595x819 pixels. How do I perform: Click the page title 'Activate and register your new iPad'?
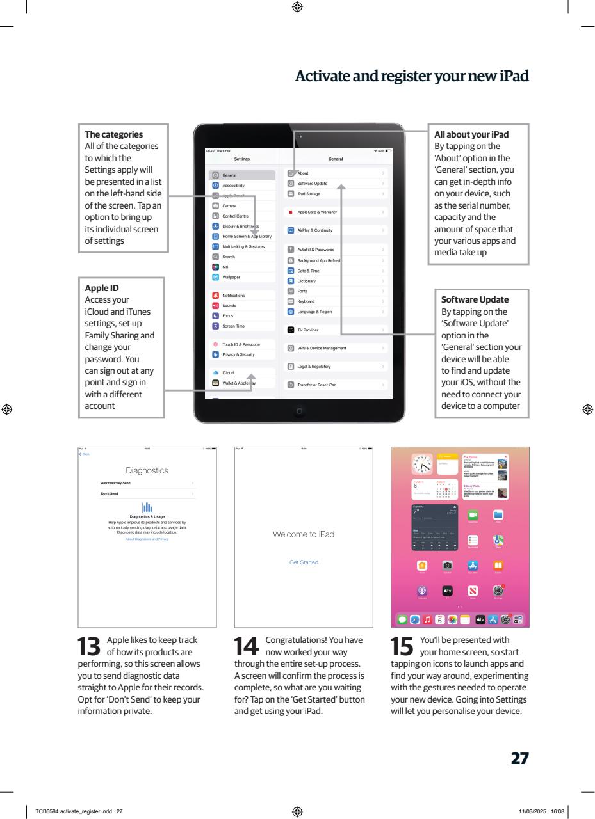tap(412, 77)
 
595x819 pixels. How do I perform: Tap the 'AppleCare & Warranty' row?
tap(317, 212)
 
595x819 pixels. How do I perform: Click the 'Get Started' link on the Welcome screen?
tap(304, 562)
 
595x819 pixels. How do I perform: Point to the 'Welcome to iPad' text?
tap(304, 534)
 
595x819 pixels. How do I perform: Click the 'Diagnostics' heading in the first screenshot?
tap(147, 471)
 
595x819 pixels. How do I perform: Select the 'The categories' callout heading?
tap(114, 134)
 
